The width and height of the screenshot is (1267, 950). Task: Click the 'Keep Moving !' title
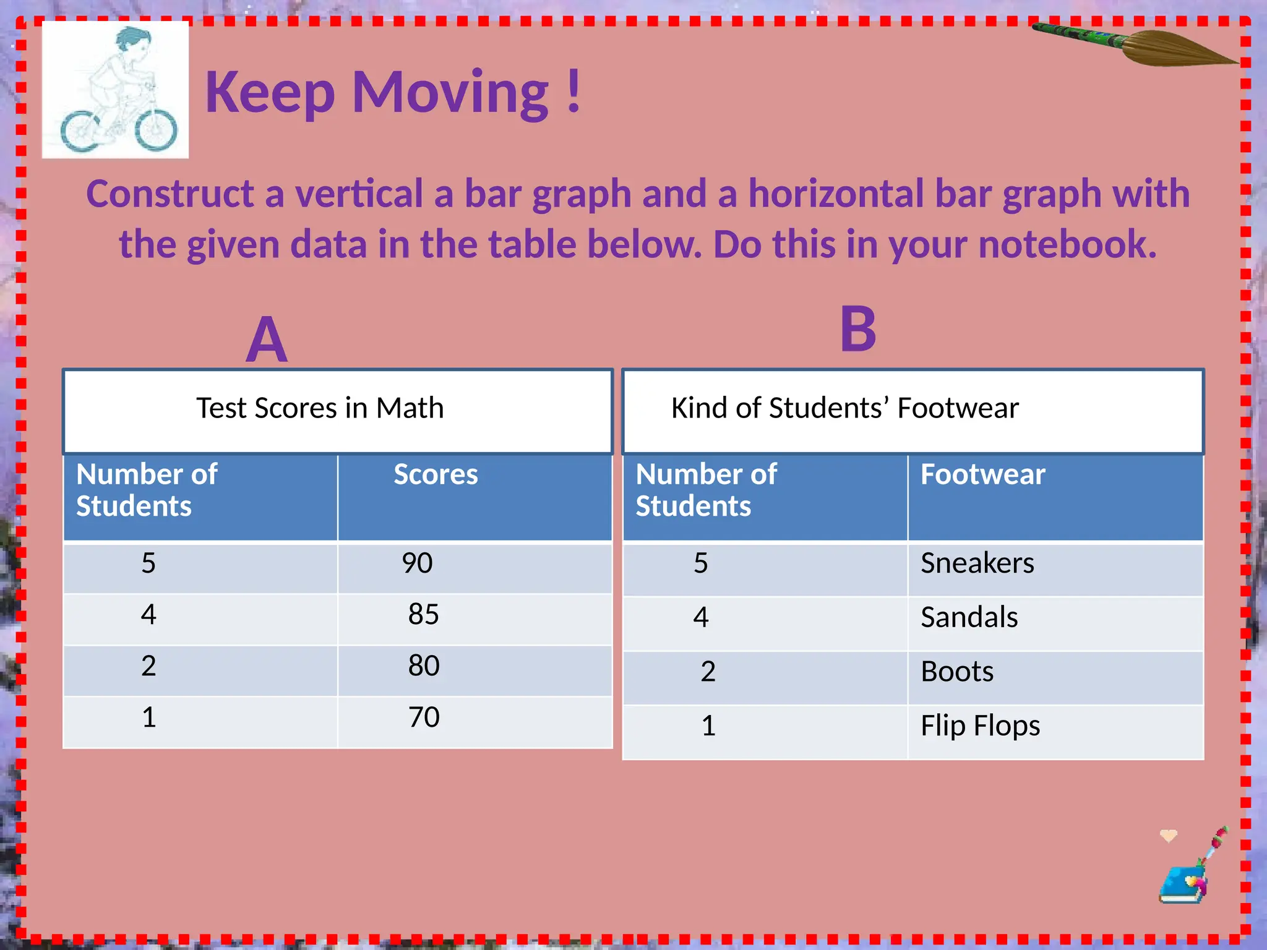pos(393,93)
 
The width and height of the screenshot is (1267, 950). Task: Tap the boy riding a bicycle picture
pos(116,90)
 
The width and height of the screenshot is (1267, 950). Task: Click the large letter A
pos(267,340)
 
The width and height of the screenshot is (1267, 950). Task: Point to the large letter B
pos(858,330)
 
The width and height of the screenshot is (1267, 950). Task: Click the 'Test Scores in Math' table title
pos(320,409)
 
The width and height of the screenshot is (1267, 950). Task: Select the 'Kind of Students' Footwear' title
pos(844,409)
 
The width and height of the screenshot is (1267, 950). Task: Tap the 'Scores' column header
pos(436,475)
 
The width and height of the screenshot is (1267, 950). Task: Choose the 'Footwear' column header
pos(982,475)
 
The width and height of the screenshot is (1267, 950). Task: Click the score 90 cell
pos(418,563)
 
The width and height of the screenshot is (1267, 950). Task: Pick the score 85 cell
pos(424,615)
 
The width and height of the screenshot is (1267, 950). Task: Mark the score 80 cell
pos(424,666)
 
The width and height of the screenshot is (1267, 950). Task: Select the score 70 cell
pos(424,717)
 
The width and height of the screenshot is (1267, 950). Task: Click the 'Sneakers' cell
pos(977,563)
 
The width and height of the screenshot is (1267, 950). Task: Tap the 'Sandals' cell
pos(969,617)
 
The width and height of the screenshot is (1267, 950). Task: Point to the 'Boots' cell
pos(957,672)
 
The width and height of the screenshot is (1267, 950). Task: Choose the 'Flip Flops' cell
pos(980,726)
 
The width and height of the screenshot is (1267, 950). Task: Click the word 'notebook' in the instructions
pos(1067,244)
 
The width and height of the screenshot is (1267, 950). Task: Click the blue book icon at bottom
pos(1182,884)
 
